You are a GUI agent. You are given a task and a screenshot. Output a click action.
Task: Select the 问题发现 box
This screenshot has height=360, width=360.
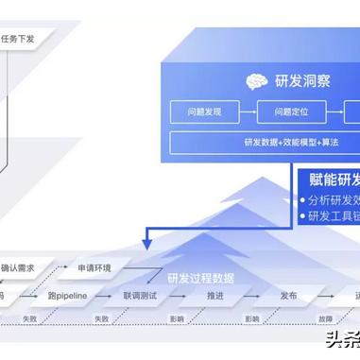(x=201, y=111)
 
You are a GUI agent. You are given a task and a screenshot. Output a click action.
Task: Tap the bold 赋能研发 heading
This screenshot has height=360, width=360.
(x=334, y=179)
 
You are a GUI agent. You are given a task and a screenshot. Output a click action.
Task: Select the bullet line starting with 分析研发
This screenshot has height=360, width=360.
(x=334, y=199)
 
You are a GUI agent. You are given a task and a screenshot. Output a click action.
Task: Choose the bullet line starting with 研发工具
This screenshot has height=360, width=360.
(x=334, y=216)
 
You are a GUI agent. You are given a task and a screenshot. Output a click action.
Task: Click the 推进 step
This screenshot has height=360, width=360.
(x=214, y=296)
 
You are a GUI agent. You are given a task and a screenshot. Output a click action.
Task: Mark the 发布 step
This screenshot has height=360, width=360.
(x=288, y=296)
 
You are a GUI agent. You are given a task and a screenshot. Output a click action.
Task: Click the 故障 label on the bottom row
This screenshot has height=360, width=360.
(x=324, y=318)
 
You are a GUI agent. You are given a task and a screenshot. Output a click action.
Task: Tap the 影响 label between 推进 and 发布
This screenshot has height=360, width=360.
(x=251, y=318)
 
